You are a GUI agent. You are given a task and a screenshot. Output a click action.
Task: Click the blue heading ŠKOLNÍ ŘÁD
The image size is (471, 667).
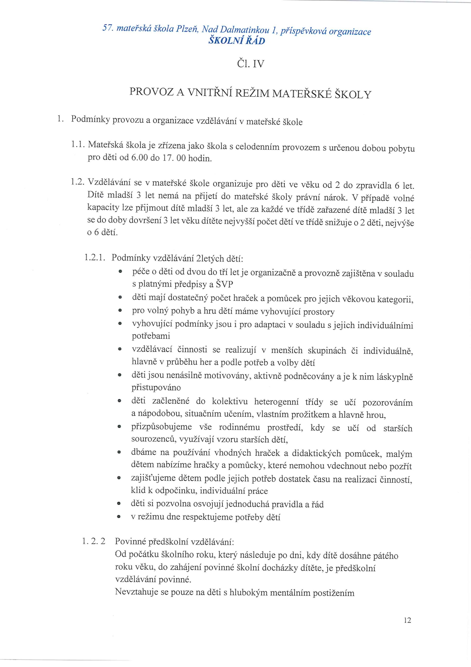point(237,41)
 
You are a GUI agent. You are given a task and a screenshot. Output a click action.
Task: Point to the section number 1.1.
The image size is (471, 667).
point(78,144)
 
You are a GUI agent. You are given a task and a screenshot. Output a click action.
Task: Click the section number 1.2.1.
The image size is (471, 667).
point(94,257)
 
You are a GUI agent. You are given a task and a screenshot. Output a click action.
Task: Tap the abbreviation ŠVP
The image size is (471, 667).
point(225,284)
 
